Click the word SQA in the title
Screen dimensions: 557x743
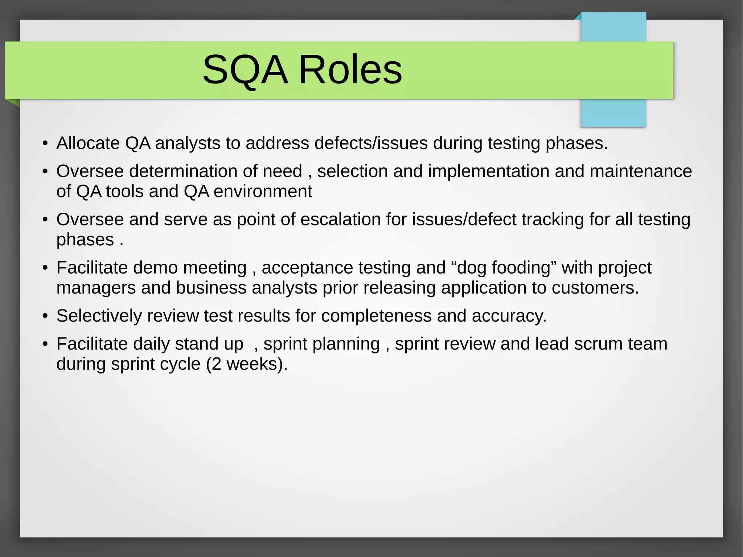245,70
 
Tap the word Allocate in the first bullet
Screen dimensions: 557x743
88,143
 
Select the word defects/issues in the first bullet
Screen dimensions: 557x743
371,143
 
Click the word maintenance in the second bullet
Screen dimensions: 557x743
641,171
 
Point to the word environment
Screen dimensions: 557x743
263,191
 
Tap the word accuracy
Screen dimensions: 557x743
509,316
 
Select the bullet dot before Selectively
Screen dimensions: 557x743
45,316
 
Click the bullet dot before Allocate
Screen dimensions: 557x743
45,143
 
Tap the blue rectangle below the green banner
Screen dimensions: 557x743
613,113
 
